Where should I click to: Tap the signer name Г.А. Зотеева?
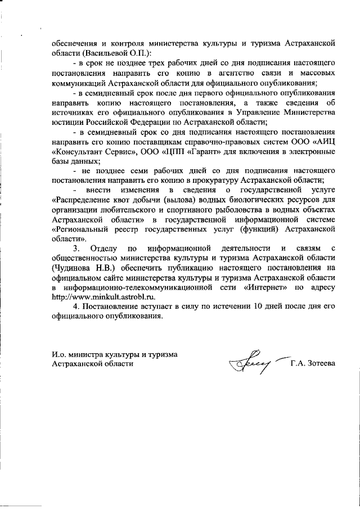[313, 364]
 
